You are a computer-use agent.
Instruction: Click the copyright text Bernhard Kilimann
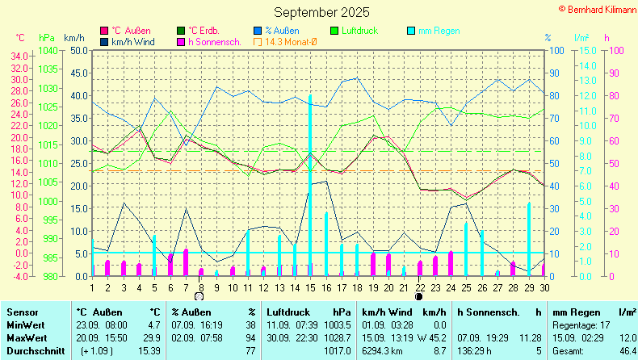pos(597,7)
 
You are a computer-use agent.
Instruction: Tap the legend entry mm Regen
pos(439,31)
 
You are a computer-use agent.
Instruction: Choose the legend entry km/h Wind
pos(133,41)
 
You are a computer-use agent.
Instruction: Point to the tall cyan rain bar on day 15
pos(310,186)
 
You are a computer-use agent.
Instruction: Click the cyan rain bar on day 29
pos(529,239)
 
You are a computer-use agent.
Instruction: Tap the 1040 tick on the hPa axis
pos(48,50)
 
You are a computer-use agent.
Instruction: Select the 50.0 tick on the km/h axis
pos(78,50)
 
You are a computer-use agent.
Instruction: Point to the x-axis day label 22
pos(420,288)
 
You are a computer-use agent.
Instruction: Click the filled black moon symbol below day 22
pos(418,296)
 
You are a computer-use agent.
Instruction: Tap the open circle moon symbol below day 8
pos(199,296)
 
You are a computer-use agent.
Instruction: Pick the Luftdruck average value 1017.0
pos(336,351)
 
